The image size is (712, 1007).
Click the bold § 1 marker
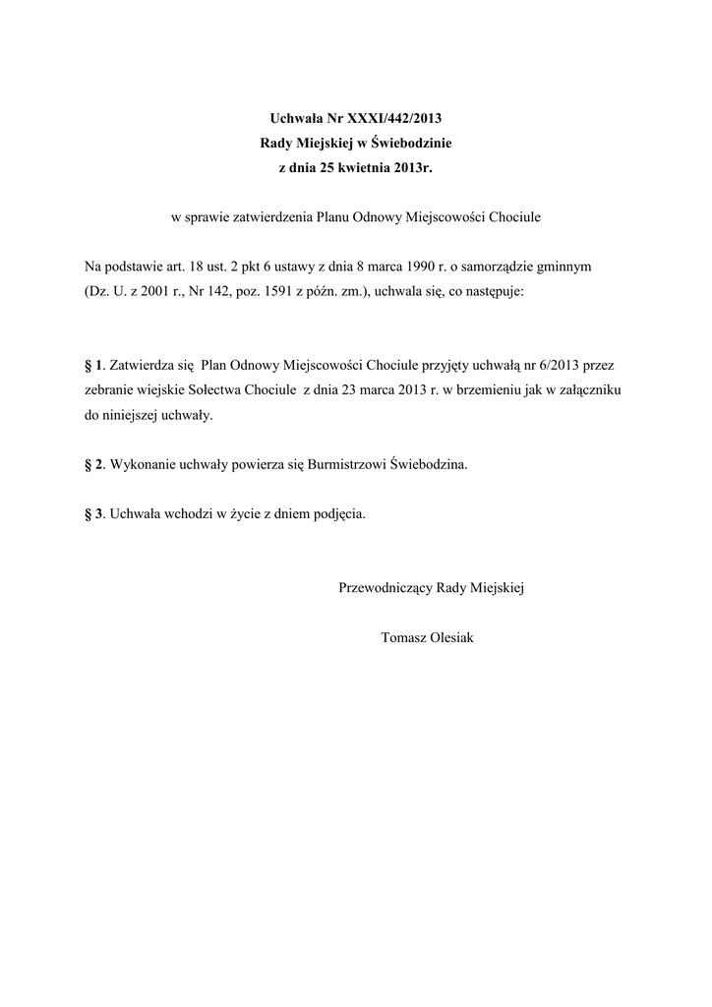click(93, 365)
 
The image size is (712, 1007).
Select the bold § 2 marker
click(93, 464)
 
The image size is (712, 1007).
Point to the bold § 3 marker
click(93, 513)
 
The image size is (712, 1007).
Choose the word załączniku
click(586, 390)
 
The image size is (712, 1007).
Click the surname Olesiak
click(447, 637)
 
